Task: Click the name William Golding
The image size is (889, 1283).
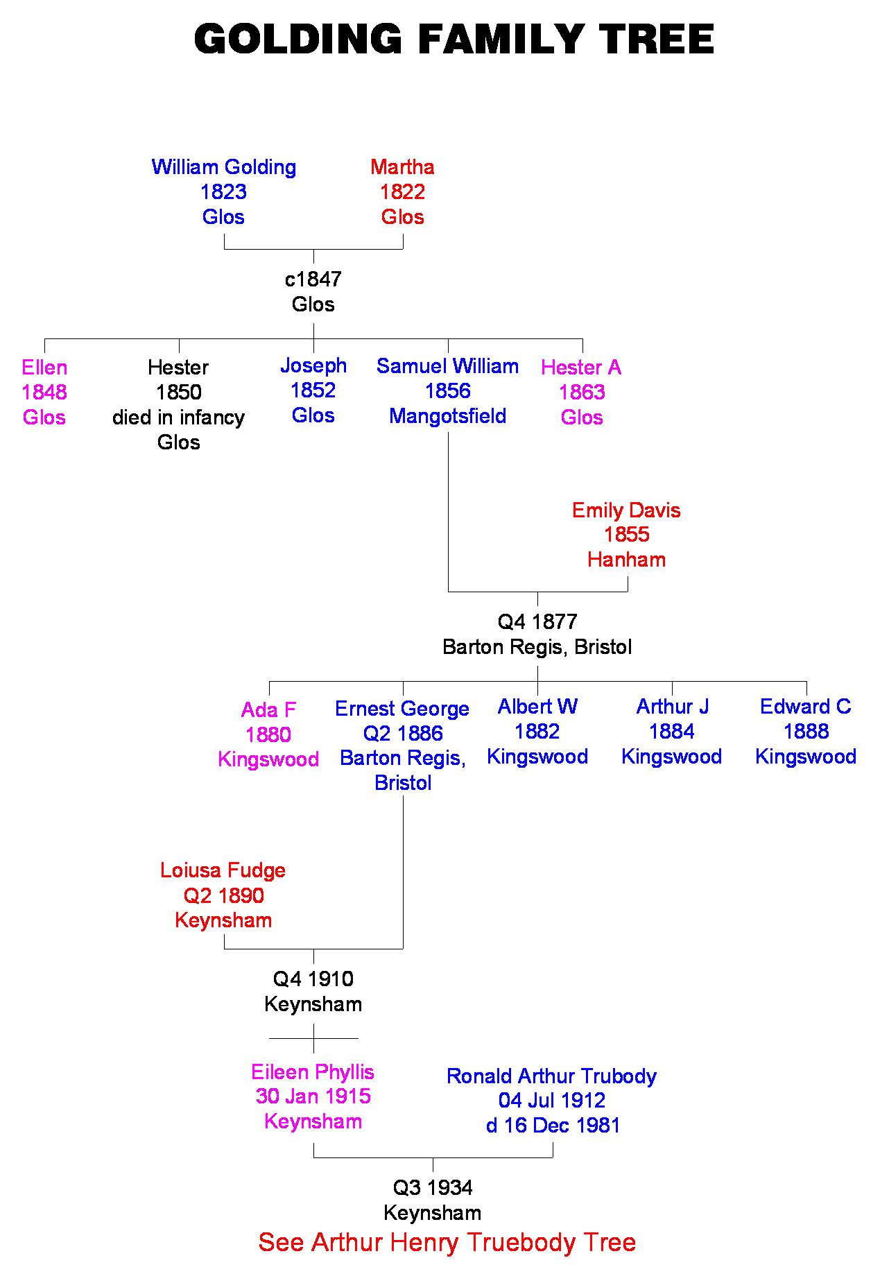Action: (223, 167)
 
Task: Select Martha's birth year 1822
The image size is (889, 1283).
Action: (402, 192)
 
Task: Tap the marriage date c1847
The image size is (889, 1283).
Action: (313, 279)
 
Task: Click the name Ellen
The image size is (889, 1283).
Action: (44, 368)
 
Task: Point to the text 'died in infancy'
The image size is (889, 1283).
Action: (178, 417)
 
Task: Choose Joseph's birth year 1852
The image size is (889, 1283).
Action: (313, 390)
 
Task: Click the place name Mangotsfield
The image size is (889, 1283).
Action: (448, 416)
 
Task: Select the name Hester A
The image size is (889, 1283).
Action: (581, 368)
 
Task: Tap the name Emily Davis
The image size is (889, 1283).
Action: (626, 510)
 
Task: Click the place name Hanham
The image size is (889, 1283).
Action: (626, 560)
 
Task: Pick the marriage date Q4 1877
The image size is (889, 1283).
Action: (537, 622)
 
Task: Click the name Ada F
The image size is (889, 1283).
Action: (268, 710)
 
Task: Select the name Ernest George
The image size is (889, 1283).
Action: (402, 709)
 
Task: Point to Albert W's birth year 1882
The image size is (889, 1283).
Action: (537, 732)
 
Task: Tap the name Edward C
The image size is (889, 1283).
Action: (805, 707)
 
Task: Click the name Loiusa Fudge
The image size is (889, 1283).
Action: (223, 870)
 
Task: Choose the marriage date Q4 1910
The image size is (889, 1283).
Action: (313, 979)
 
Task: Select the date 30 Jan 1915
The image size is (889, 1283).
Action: (313, 1096)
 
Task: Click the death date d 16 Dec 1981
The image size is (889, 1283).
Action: (553, 1125)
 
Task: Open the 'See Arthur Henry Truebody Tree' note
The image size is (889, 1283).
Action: (447, 1241)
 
